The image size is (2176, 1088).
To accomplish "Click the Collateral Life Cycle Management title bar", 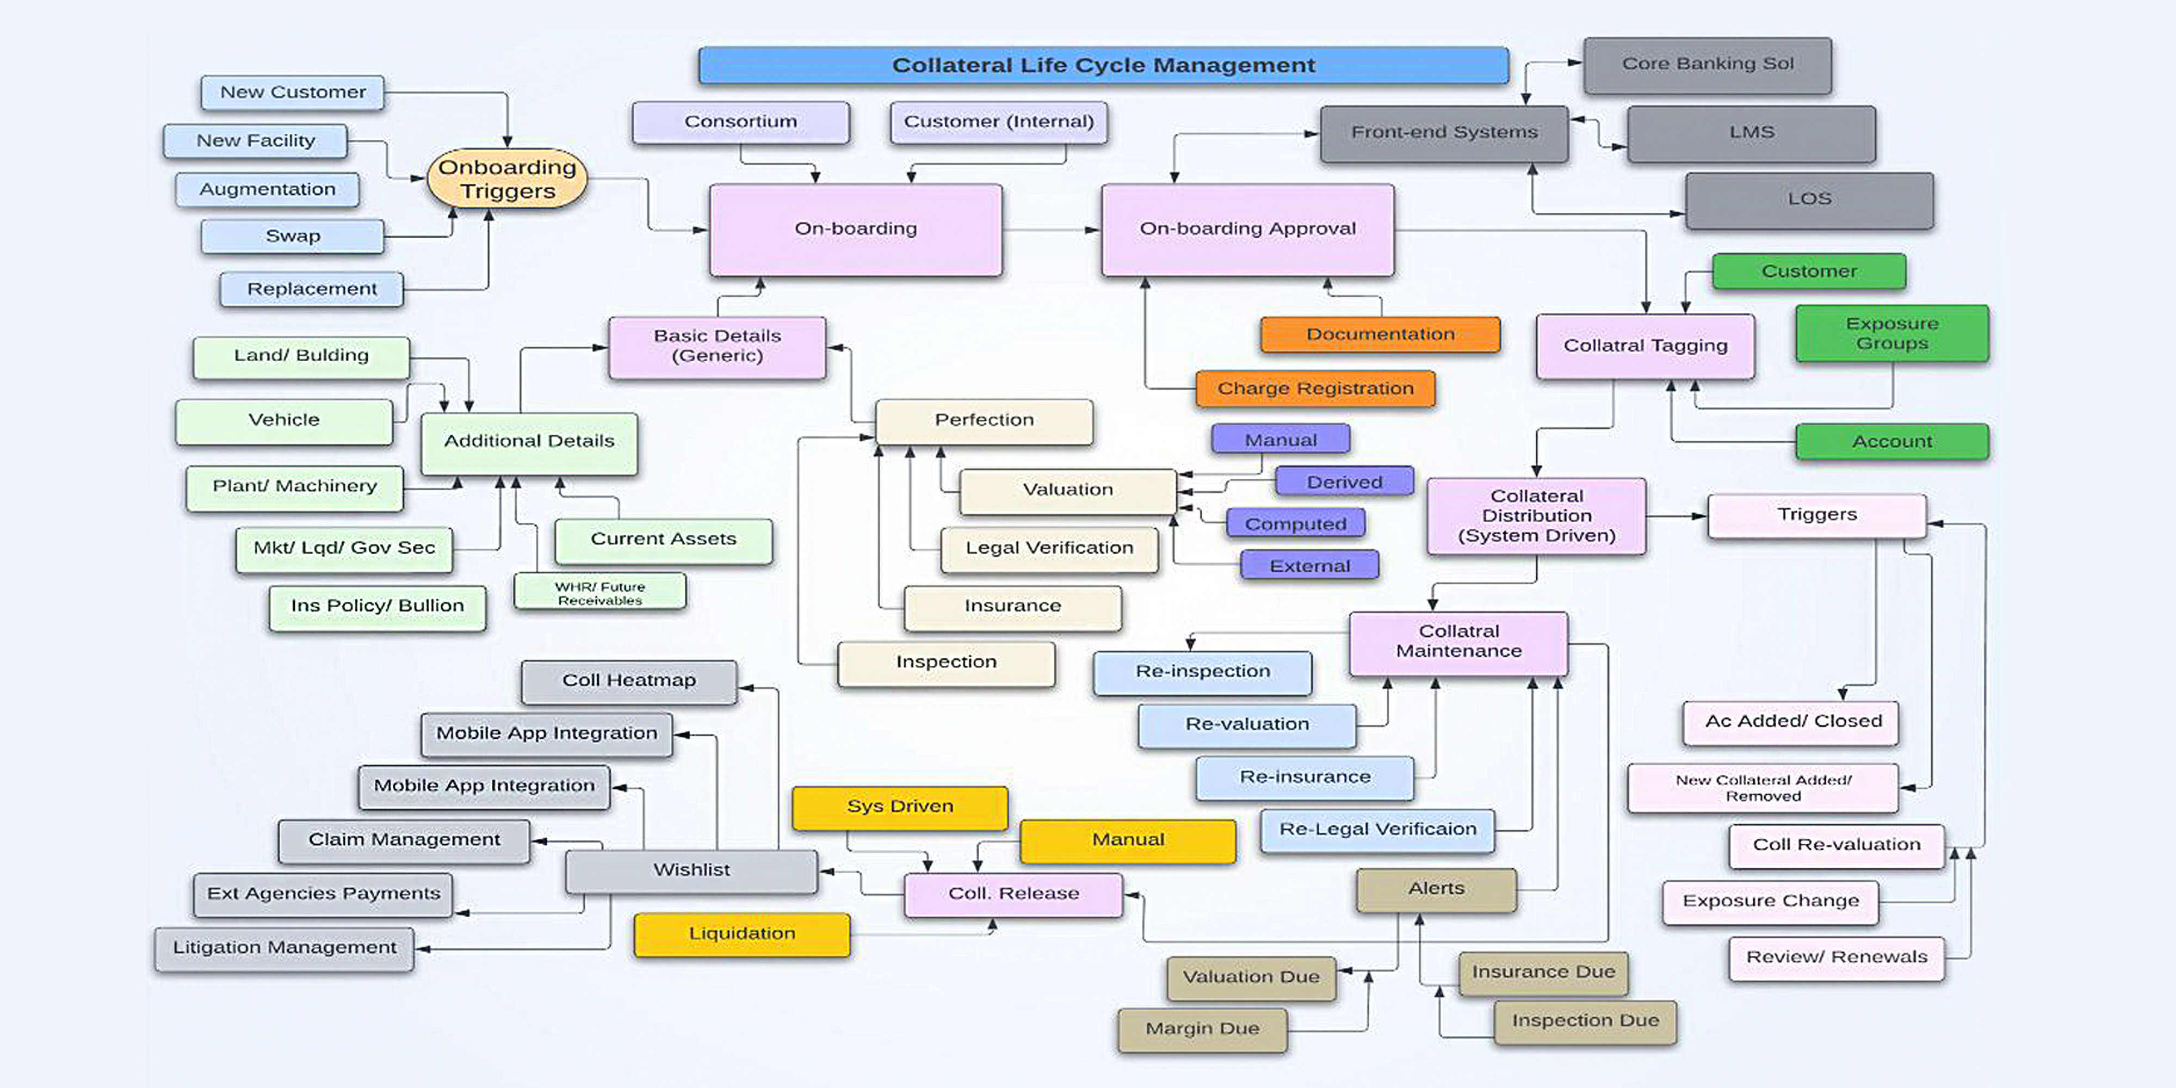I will [1103, 65].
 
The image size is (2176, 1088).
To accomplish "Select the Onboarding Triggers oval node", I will [507, 178].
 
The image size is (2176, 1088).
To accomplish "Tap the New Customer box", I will [292, 92].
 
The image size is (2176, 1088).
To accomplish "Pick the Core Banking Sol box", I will [1707, 64].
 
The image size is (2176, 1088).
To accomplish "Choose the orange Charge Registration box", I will [1314, 388].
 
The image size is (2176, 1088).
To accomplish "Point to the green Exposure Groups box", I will [1891, 333].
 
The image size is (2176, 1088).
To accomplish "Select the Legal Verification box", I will [1049, 548].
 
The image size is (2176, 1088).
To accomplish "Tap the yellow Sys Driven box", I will [900, 807].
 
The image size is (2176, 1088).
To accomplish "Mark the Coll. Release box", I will [1013, 894].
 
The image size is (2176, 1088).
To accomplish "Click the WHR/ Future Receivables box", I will [599, 592].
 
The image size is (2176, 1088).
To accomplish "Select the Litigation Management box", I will [284, 948].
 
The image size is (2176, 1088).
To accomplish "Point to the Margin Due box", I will [1202, 1029].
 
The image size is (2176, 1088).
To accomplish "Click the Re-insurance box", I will [1305, 777].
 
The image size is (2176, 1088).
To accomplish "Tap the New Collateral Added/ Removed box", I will [1763, 788].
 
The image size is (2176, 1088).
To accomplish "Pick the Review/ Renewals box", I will [1837, 957].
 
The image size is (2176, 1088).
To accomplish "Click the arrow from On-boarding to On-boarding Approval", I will [1051, 230].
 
